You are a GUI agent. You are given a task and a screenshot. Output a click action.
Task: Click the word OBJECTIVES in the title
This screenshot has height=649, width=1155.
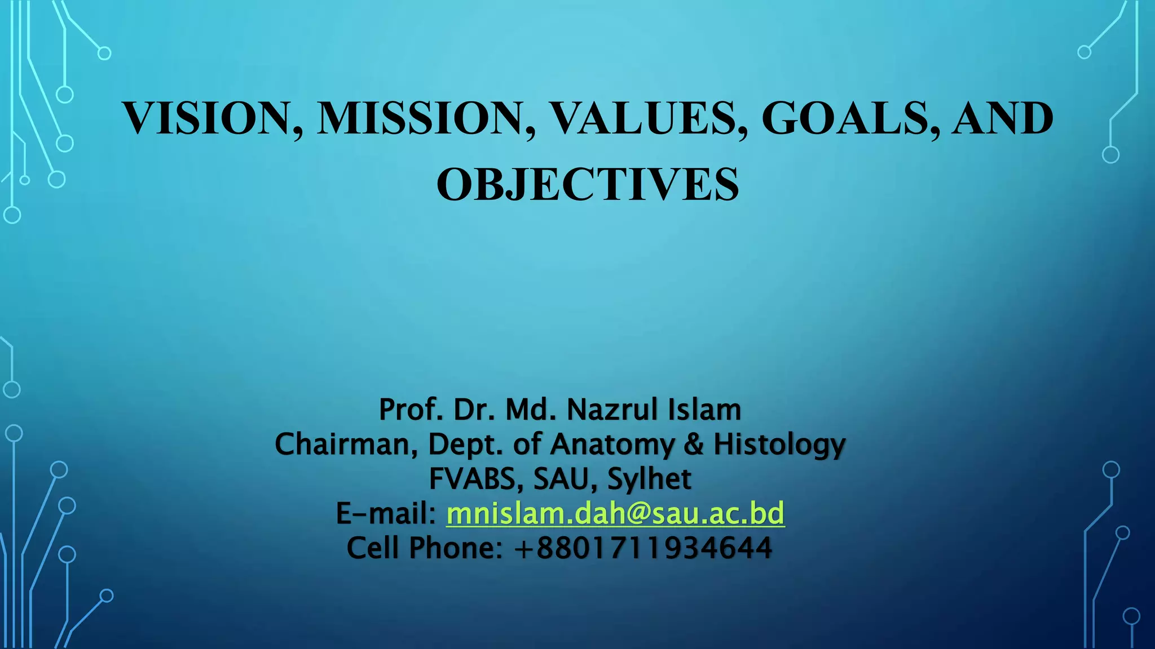(588, 185)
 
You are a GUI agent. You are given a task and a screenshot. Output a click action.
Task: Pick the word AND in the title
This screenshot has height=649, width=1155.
(1002, 118)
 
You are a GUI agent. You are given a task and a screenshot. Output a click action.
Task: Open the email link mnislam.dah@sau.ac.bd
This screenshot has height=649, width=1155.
(615, 513)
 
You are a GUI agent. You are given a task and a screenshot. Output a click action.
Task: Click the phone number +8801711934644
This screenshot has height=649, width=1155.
(643, 548)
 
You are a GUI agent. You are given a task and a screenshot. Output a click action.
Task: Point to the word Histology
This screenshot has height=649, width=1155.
(779, 445)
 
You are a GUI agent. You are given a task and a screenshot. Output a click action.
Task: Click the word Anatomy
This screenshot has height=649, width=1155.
(612, 445)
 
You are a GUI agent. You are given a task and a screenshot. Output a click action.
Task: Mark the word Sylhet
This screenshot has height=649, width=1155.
(649, 479)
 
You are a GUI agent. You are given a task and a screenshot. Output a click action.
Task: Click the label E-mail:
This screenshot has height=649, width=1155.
(386, 513)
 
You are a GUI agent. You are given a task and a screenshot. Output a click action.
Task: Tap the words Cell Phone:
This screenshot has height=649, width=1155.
(424, 548)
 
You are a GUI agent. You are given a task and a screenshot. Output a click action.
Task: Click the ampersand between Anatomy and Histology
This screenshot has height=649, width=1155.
(694, 444)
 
